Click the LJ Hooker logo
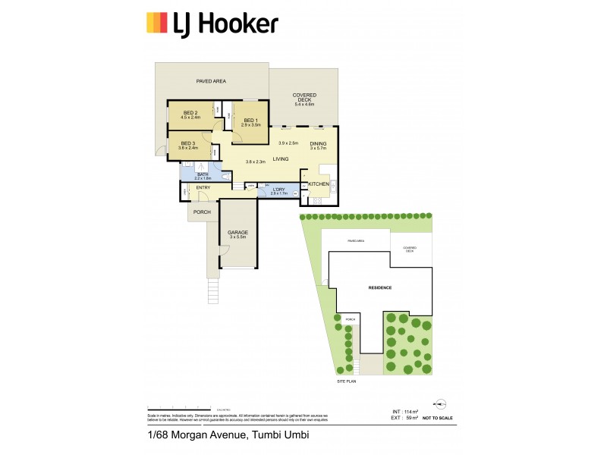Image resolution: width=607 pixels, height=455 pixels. tap(212, 24)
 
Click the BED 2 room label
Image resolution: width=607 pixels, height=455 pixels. tap(189, 113)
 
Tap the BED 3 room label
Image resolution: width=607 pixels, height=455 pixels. tap(188, 144)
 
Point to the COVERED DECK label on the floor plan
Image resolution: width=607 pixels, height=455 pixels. tap(304, 98)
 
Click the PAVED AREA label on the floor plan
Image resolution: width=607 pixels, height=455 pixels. tap(211, 81)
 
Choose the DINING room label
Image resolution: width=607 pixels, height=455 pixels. tap(318, 144)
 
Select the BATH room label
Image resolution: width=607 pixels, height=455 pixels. tap(203, 174)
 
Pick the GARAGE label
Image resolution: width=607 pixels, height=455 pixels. tap(238, 233)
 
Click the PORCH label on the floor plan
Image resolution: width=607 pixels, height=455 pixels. tap(202, 212)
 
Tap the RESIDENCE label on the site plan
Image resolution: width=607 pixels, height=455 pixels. tap(380, 288)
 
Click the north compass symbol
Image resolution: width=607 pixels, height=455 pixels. tap(439, 406)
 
